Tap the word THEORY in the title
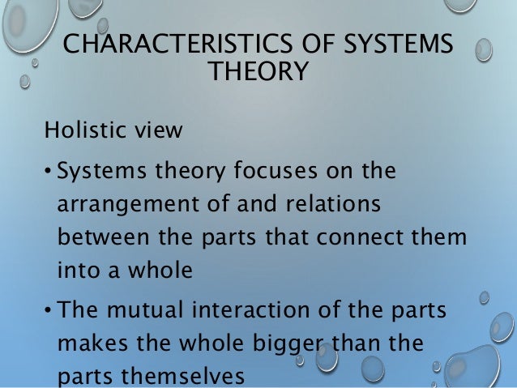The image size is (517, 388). click(x=258, y=73)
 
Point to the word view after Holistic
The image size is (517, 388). click(x=160, y=130)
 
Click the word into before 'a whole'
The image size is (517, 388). click(x=79, y=271)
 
